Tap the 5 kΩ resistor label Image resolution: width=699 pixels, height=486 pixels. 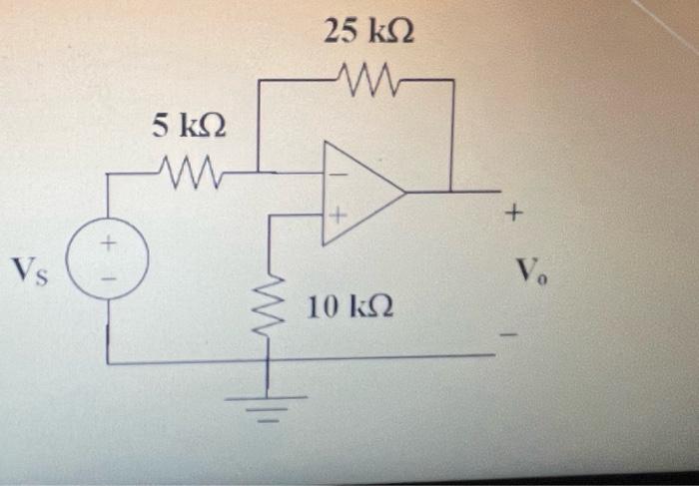click(x=188, y=126)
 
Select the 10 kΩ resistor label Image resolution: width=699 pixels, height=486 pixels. click(x=349, y=307)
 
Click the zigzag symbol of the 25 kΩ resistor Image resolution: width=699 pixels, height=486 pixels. click(x=370, y=76)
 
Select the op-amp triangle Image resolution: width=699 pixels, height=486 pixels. click(x=357, y=191)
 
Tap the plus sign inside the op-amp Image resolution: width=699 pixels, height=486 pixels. click(x=338, y=214)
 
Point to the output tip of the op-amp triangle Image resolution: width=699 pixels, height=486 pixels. click(x=404, y=191)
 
